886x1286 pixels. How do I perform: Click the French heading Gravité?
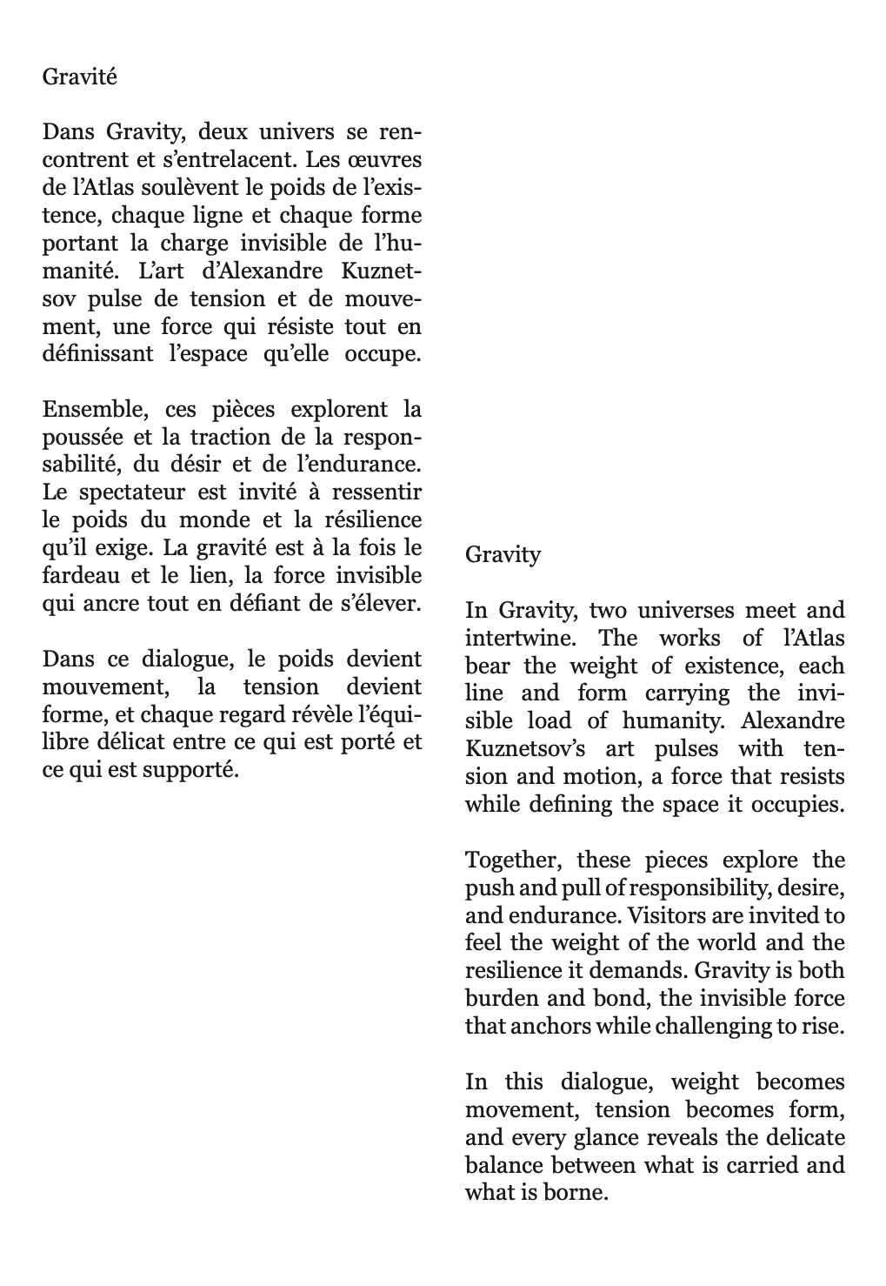point(79,77)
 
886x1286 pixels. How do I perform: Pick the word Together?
point(515,861)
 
